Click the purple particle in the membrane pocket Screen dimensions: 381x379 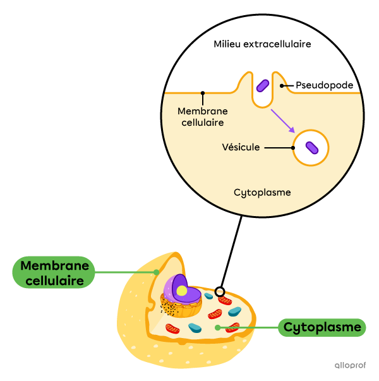(x=263, y=85)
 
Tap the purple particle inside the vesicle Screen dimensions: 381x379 (x=312, y=148)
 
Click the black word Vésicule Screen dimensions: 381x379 (x=241, y=147)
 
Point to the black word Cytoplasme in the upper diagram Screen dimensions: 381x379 (x=262, y=192)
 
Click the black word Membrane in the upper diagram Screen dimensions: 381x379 (x=203, y=111)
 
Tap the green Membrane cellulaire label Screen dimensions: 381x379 (x=53, y=272)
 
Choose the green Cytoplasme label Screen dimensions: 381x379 (x=322, y=327)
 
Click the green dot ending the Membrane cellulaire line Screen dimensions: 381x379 (x=156, y=272)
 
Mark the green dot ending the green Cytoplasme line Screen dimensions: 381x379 (x=217, y=327)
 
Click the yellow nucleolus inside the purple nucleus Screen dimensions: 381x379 (x=182, y=291)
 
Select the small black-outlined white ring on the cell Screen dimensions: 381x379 (x=219, y=292)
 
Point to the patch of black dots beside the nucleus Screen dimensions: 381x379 (x=168, y=307)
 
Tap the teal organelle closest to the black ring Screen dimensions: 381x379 (x=208, y=296)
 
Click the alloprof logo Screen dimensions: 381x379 (x=351, y=365)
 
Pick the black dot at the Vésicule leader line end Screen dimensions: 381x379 (x=294, y=148)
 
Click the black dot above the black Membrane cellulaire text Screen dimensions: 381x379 (x=203, y=93)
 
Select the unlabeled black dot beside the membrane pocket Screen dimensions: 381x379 (x=282, y=86)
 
